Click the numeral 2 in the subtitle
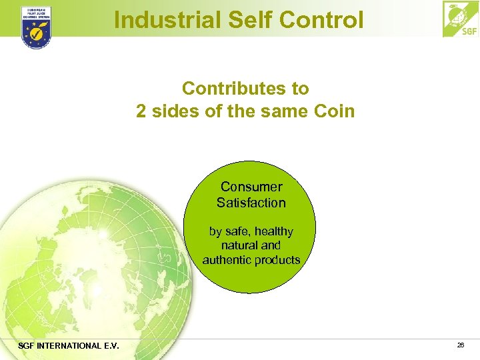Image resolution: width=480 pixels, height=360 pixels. (x=141, y=111)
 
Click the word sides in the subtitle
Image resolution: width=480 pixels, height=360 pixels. (x=175, y=111)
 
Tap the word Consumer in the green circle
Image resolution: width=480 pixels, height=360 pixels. (x=251, y=187)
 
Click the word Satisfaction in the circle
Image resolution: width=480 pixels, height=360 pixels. (x=251, y=203)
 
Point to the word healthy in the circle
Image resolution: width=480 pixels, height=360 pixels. (x=270, y=231)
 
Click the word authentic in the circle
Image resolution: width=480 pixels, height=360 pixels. (x=227, y=260)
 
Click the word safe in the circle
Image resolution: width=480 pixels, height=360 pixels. (x=235, y=231)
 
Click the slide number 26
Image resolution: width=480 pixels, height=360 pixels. (x=461, y=345)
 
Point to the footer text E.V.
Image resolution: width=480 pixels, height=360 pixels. (x=109, y=345)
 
